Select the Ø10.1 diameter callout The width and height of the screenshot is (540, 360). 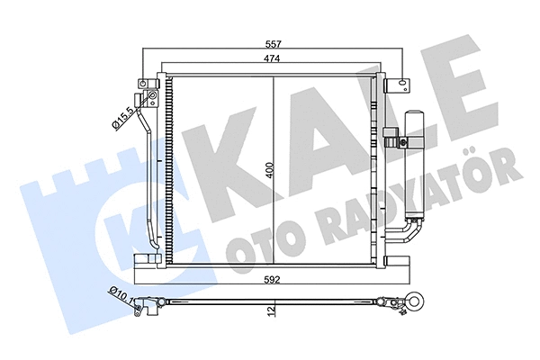[x=118, y=292]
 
